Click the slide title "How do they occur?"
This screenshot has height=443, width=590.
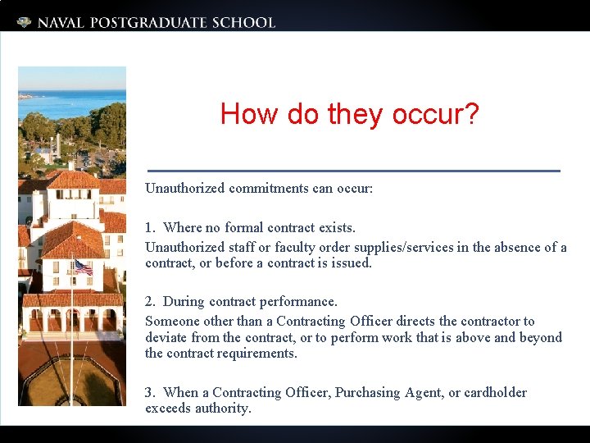click(349, 114)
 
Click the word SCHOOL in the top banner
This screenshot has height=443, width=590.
click(243, 22)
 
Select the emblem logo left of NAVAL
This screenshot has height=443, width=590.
click(25, 22)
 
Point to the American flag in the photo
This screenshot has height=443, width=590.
click(83, 267)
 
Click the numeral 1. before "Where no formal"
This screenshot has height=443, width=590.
click(150, 227)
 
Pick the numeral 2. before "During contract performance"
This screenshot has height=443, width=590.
click(150, 302)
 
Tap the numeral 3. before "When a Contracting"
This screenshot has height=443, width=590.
click(150, 393)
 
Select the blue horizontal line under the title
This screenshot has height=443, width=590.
click(352, 170)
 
